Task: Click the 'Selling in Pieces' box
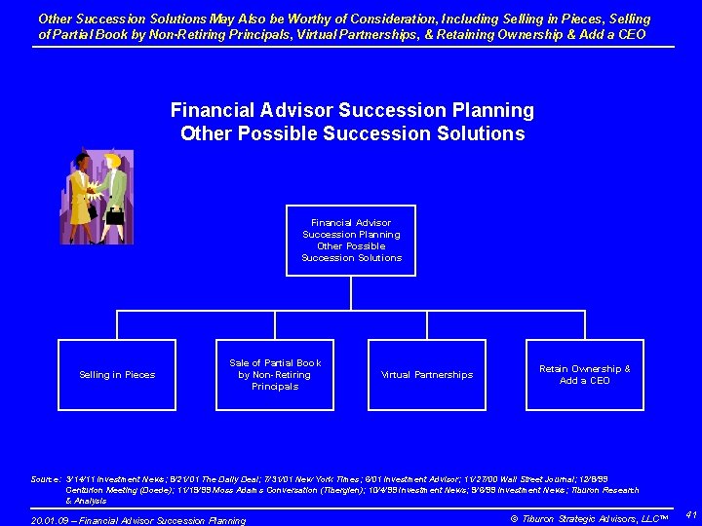[x=117, y=375]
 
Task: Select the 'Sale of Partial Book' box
[x=274, y=375]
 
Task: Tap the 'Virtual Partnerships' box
[x=427, y=375]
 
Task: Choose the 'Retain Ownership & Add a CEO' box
[x=585, y=375]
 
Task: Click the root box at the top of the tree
[x=351, y=241]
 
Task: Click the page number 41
[x=689, y=513]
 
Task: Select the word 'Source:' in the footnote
[x=46, y=479]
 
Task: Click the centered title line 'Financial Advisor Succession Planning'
[x=352, y=110]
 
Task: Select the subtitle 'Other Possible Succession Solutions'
[x=352, y=133]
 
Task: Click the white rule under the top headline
[x=352, y=47]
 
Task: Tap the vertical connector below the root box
[x=351, y=293]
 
